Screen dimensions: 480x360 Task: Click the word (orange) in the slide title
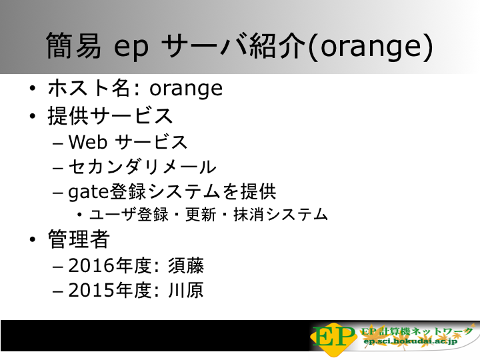tap(371, 47)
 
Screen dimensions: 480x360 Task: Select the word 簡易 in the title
tap(73, 46)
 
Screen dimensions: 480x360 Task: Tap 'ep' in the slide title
tap(131, 48)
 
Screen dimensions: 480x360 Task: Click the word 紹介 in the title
tap(277, 46)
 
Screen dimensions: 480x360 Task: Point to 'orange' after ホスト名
tap(186, 90)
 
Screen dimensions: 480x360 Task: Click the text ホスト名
tap(89, 88)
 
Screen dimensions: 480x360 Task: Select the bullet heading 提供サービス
tap(110, 116)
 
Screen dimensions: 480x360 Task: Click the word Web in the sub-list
tap(88, 142)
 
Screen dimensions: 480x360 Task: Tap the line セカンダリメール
tap(143, 167)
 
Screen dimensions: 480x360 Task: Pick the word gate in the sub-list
tap(89, 193)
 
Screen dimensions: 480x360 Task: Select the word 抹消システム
tap(281, 214)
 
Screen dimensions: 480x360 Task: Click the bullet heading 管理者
tap(79, 239)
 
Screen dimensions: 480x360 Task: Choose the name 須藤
tap(186, 265)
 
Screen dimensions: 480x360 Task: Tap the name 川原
tap(186, 290)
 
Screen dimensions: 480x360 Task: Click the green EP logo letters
tap(334, 337)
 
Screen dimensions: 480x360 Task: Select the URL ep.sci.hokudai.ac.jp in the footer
tap(410, 341)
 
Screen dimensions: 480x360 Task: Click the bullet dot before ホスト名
tap(33, 89)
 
